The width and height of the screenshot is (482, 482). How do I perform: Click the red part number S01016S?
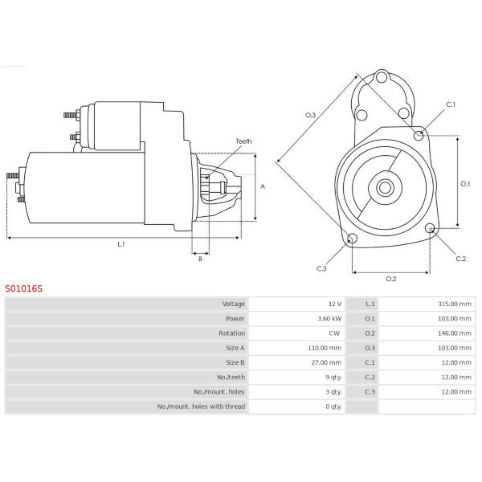click(x=23, y=288)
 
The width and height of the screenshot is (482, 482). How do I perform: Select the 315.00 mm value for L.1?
click(x=455, y=304)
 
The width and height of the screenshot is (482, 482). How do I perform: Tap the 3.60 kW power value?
click(x=329, y=318)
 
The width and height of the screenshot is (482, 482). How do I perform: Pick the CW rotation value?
click(x=334, y=333)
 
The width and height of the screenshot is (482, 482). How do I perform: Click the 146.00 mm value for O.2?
click(x=455, y=333)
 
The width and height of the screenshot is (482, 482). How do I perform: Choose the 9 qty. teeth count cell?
click(x=333, y=378)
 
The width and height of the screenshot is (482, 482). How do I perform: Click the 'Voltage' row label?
click(x=234, y=304)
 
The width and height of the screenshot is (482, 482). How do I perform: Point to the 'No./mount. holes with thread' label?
click(x=201, y=406)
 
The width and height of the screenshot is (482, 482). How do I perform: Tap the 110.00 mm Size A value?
click(x=325, y=348)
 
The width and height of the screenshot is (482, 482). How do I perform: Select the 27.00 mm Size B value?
click(x=326, y=362)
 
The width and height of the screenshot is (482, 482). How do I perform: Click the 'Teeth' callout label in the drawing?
click(x=243, y=141)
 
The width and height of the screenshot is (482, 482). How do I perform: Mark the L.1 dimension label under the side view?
click(x=121, y=244)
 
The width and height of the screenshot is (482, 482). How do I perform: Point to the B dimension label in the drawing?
click(x=200, y=259)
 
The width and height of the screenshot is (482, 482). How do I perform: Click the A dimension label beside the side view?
click(x=263, y=186)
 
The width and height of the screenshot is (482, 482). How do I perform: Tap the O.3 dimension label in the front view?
click(x=310, y=115)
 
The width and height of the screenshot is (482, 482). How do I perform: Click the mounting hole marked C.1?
click(x=419, y=135)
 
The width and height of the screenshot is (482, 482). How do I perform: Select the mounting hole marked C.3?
click(x=352, y=239)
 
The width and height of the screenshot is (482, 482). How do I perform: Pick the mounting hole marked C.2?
click(x=430, y=228)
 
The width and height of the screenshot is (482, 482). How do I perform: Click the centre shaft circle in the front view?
click(x=385, y=187)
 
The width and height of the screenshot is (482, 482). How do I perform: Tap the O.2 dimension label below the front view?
click(x=391, y=279)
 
